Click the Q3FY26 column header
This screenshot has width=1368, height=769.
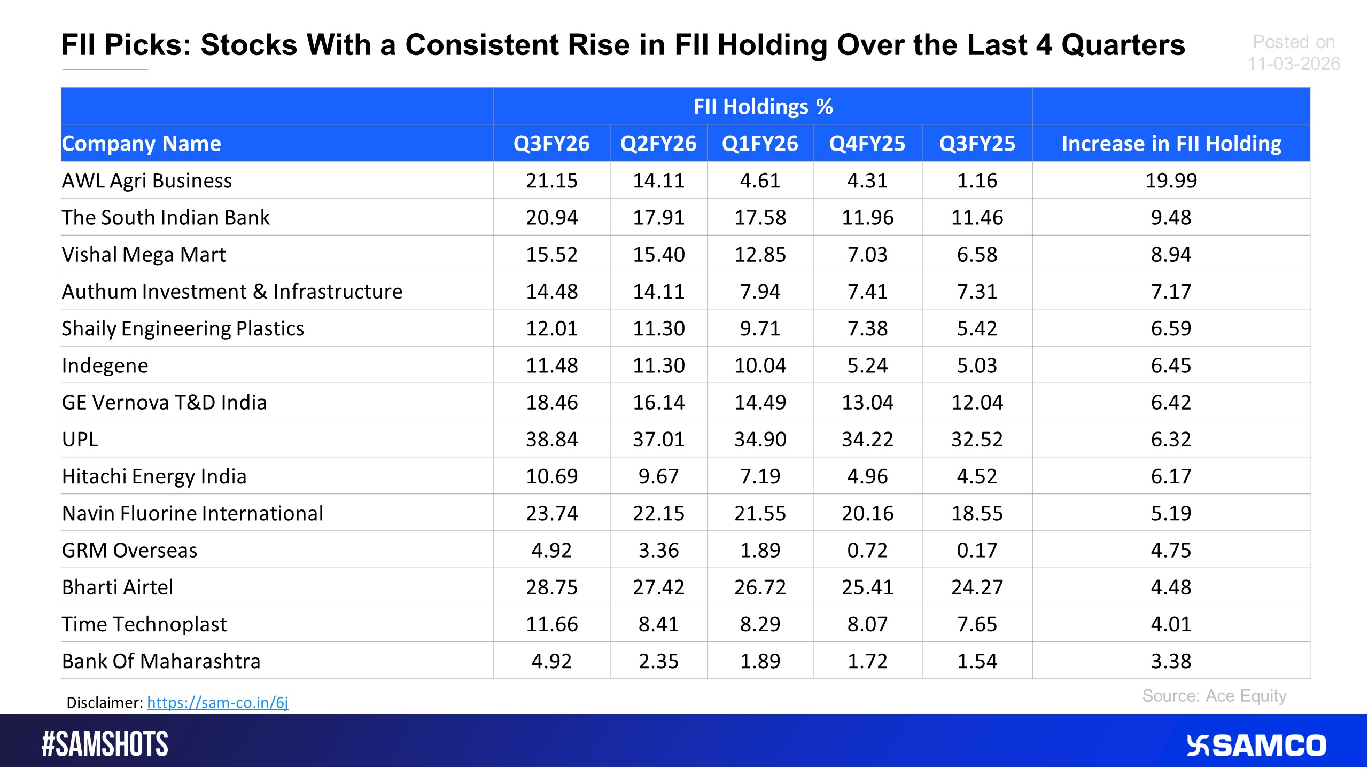[551, 144]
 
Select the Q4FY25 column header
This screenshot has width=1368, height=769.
[867, 144]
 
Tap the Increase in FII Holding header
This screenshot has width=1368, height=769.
[1171, 144]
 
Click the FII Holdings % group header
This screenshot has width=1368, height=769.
[763, 106]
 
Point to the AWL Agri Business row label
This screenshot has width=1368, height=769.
[147, 181]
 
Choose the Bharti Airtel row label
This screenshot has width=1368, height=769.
[118, 587]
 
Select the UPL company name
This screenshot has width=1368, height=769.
[80, 439]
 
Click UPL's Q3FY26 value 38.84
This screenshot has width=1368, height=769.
[551, 439]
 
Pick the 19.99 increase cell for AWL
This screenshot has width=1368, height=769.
[1171, 181]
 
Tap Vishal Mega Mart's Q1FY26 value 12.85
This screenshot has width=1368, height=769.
[760, 254]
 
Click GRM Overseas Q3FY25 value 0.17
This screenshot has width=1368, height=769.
[977, 550]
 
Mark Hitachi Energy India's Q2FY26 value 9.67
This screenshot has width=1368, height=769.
[658, 476]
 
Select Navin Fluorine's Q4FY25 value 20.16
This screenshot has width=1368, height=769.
[867, 513]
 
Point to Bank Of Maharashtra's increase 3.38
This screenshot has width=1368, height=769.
[1171, 661]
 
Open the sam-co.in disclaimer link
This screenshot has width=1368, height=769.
[217, 702]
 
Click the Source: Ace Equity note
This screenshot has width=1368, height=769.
[1214, 696]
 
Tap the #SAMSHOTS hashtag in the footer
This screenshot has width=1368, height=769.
[105, 744]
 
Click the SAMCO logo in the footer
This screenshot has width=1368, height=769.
[1256, 746]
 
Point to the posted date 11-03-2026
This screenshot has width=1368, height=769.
[1294, 64]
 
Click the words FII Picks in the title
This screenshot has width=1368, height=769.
[126, 45]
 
